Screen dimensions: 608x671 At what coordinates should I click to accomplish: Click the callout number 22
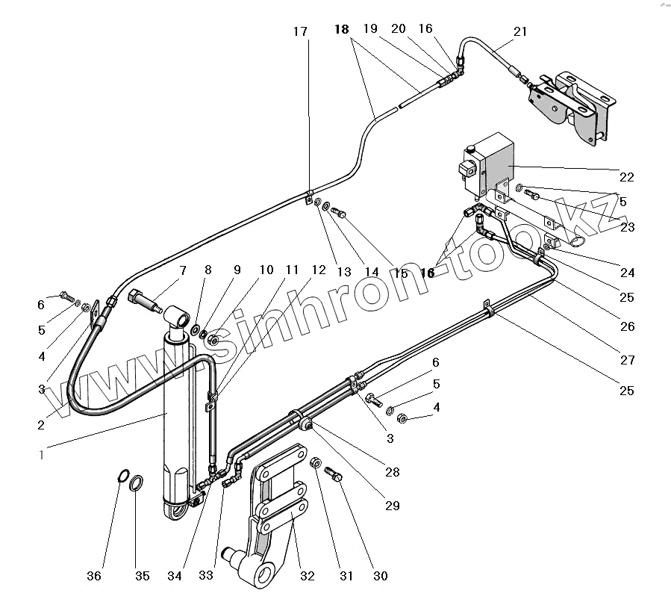626,177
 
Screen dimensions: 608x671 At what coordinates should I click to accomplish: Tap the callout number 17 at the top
300,31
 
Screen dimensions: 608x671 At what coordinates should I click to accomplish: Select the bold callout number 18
341,30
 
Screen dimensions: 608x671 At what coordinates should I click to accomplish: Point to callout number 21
520,31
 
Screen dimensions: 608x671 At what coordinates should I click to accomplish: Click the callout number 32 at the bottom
308,576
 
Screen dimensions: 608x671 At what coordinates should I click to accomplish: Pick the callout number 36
93,576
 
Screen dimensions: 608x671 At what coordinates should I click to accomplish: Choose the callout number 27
627,360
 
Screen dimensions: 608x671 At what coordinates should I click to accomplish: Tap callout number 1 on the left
42,453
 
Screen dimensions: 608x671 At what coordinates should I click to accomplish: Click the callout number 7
182,270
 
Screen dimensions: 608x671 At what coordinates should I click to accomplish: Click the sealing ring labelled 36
122,475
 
